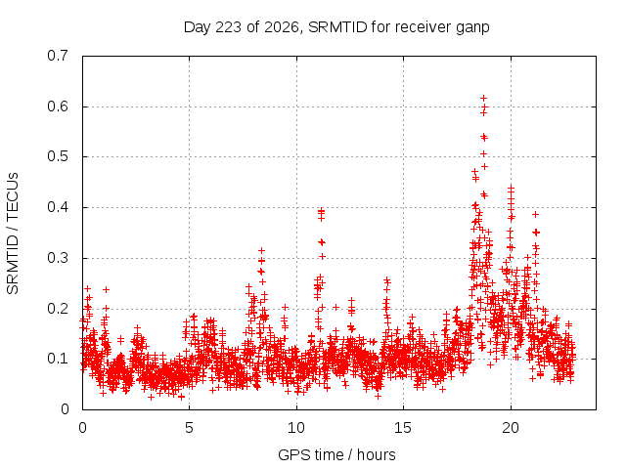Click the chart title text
click(336, 27)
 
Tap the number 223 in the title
click(228, 27)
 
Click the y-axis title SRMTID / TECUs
click(13, 234)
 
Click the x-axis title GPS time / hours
click(336, 454)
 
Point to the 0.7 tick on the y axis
click(58, 56)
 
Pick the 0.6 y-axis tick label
click(58, 107)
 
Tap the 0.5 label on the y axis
click(58, 156)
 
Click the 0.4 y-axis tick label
click(58, 207)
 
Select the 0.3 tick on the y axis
click(58, 258)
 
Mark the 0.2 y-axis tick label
click(58, 309)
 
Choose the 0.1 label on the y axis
click(58, 359)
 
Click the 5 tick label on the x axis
click(189, 428)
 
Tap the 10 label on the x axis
click(295, 428)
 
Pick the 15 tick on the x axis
click(403, 428)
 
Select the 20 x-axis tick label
click(511, 428)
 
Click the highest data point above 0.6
click(483, 98)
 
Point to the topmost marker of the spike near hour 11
click(322, 211)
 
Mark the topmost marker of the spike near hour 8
click(261, 250)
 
